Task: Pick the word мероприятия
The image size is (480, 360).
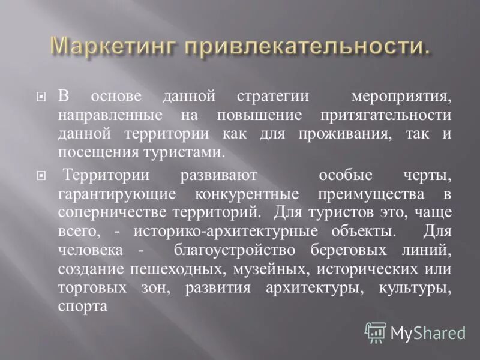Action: pyautogui.click(x=401, y=97)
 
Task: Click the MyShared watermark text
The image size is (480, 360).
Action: pyautogui.click(x=428, y=332)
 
